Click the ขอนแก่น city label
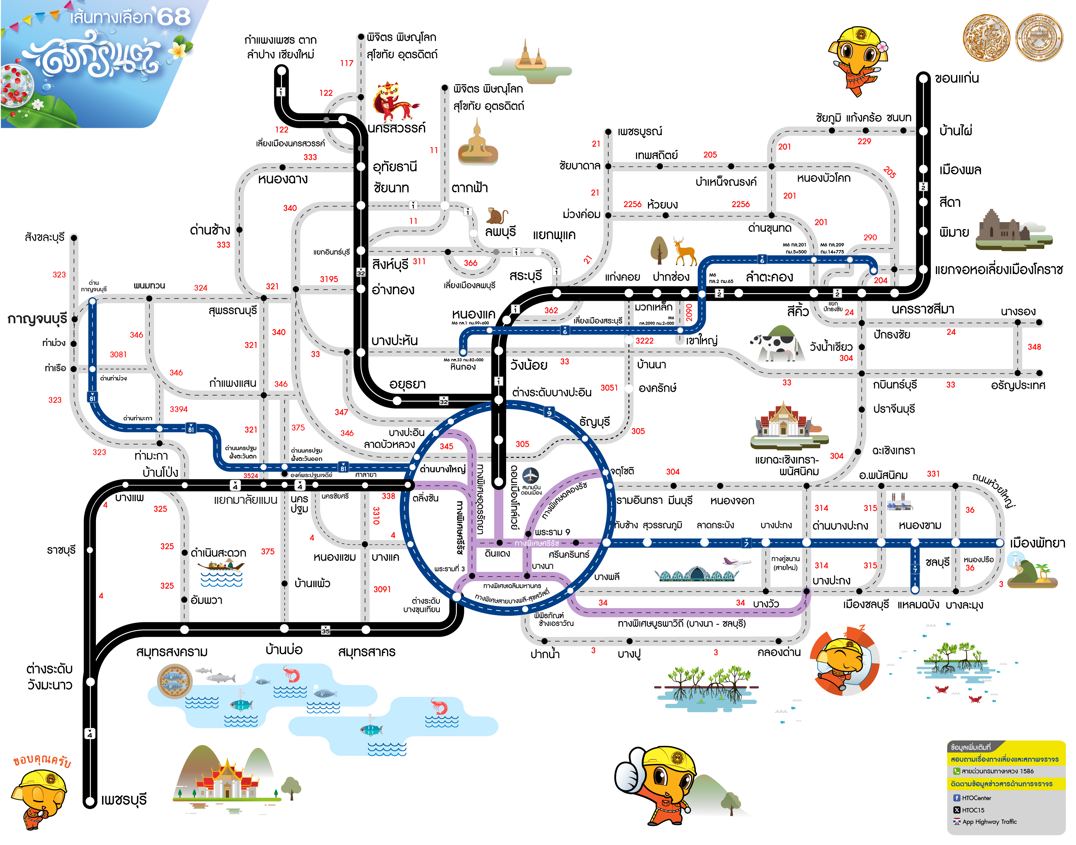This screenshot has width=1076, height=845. point(956,78)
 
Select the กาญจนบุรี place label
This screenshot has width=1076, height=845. point(37,319)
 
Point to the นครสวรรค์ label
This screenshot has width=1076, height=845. point(397,128)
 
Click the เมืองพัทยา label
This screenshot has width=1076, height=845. point(1037,543)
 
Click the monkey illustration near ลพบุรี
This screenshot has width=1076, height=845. point(496,216)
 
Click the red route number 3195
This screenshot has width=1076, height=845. point(329,279)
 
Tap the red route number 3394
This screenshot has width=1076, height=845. point(179,409)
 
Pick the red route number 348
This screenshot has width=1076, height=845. point(1034,347)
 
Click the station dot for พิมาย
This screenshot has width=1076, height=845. point(923,231)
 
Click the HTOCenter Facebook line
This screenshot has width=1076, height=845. point(976,798)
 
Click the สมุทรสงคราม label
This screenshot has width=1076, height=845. point(172,652)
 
